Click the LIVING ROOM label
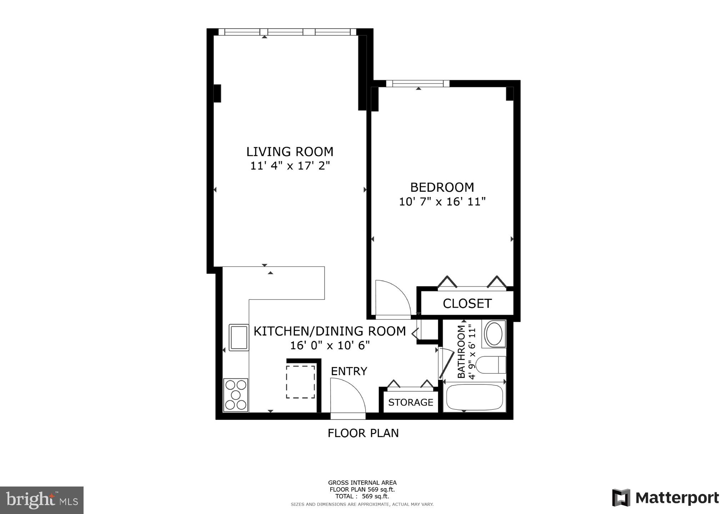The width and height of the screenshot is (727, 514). click(x=290, y=152)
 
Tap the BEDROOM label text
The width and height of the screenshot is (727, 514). click(x=442, y=187)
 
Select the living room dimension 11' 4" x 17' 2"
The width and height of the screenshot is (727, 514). click(x=290, y=166)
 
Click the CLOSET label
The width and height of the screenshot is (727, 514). click(x=467, y=304)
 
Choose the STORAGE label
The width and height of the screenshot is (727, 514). click(x=411, y=403)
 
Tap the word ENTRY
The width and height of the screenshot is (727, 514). click(x=349, y=372)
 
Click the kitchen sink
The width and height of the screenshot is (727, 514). click(x=239, y=337)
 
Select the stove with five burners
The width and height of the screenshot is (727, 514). click(x=236, y=395)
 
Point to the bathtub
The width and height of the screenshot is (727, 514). click(x=475, y=397)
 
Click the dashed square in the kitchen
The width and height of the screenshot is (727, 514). click(x=300, y=382)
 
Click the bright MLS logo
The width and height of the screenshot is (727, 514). click(x=42, y=500)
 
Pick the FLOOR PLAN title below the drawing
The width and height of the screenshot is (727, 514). click(x=363, y=433)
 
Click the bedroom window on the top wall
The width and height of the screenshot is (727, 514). click(x=417, y=84)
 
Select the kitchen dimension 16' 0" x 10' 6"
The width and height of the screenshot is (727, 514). click(x=330, y=346)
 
